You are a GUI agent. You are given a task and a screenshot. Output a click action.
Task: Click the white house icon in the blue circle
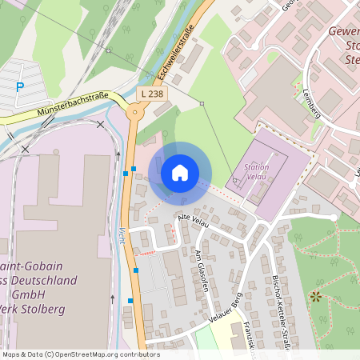pyautogui.click(x=180, y=172)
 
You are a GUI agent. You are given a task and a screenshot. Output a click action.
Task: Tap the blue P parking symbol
pyautogui.click(x=21, y=86)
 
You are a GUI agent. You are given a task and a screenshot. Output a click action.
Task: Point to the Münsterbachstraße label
pyautogui.click(x=73, y=105)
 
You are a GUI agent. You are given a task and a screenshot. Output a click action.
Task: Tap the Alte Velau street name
pyautogui.click(x=194, y=221)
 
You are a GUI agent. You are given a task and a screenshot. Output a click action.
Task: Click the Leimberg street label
pyautogui.click(x=310, y=102)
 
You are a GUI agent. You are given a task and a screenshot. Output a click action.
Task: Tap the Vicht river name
pyautogui.click(x=122, y=239)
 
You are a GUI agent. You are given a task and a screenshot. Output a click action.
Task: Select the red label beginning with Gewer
pyautogui.click(x=343, y=33)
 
